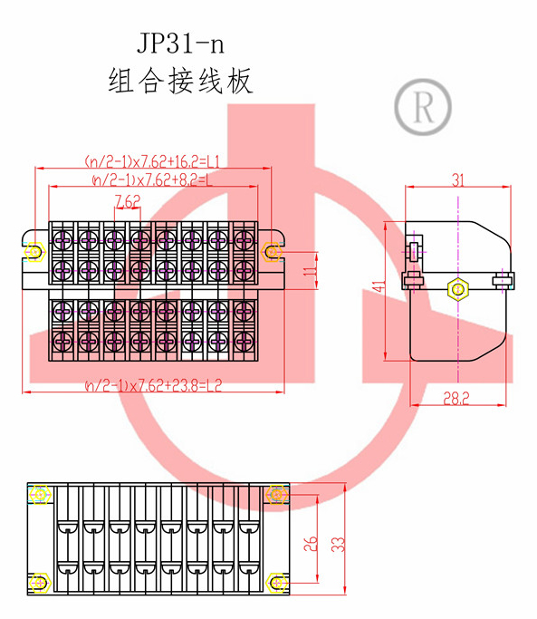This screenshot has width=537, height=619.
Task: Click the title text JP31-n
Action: [181, 43]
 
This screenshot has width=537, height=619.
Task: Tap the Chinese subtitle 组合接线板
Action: [180, 81]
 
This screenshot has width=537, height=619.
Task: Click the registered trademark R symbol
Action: [423, 107]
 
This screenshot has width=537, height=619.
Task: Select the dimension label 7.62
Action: [128, 201]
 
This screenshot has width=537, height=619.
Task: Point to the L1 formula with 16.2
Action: [152, 161]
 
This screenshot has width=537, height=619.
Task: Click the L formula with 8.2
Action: [152, 180]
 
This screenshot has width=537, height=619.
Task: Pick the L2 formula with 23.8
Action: [153, 385]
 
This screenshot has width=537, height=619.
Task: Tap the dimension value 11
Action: [310, 271]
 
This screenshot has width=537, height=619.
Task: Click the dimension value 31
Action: [457, 180]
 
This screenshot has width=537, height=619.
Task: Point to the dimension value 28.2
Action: [456, 399]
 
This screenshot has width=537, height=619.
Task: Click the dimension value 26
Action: [310, 544]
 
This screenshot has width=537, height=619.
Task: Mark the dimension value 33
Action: [338, 544]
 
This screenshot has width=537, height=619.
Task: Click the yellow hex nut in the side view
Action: [457, 289]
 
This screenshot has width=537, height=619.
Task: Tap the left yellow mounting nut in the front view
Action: [34, 251]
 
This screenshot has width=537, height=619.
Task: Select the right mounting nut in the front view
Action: [272, 251]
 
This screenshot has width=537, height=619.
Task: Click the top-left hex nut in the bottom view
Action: [40, 494]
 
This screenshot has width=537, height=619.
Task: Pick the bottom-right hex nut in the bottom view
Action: [277, 583]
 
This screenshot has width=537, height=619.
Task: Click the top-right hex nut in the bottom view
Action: [277, 494]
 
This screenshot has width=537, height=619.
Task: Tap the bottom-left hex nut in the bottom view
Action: [40, 583]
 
